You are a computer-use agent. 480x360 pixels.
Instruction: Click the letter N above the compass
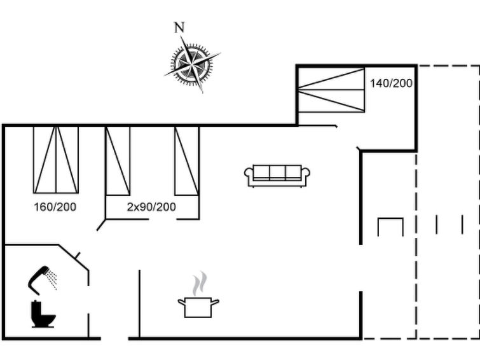click(179, 27)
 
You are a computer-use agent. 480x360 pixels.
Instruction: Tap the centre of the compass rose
click(192, 64)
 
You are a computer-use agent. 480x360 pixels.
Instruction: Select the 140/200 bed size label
click(391, 83)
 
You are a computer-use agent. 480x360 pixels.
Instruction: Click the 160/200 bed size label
click(55, 207)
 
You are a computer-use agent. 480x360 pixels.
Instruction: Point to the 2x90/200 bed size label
click(151, 207)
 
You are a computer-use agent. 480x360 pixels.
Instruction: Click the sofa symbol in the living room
click(277, 176)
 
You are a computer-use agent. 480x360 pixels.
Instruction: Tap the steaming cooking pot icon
click(198, 294)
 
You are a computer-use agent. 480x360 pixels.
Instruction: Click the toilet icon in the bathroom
click(43, 314)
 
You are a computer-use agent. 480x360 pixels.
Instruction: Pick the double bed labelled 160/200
click(56, 160)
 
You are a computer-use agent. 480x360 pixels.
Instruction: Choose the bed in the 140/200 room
click(331, 90)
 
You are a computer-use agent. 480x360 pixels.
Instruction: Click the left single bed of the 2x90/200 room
click(118, 161)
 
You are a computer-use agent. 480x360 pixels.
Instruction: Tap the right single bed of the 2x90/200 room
click(187, 161)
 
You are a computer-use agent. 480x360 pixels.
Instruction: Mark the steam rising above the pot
click(200, 284)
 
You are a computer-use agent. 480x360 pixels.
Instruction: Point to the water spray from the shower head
click(52, 279)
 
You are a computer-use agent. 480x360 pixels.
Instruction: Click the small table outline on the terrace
click(390, 227)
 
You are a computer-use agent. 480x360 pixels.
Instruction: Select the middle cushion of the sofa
click(277, 172)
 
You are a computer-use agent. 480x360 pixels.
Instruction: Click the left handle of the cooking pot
click(182, 302)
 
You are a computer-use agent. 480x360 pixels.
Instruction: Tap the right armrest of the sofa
click(306, 176)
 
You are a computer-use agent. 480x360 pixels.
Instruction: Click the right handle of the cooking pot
click(215, 302)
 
